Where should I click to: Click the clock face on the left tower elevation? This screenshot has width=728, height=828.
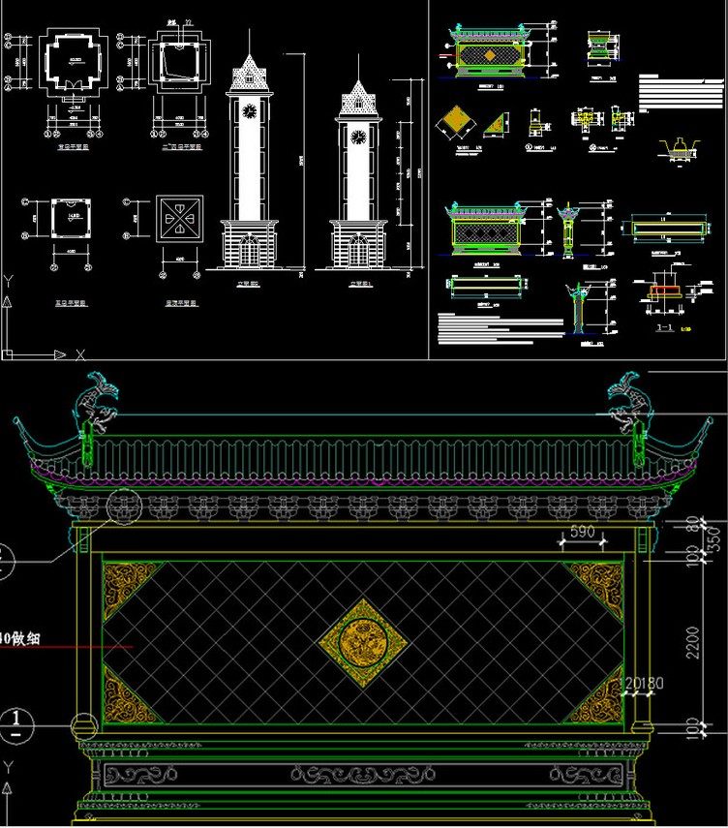coord(250,111)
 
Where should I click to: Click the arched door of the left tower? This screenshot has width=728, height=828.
coord(250,251)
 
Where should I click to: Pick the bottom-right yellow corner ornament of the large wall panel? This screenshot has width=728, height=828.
coord(597,699)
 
